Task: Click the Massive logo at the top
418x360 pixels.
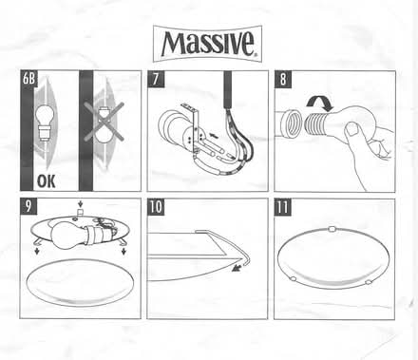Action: point(208,44)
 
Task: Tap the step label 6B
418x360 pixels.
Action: point(28,79)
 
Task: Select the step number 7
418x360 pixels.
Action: point(155,79)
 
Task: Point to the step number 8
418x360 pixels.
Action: point(283,79)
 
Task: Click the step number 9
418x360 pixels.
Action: point(28,206)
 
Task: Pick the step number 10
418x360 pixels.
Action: point(156,207)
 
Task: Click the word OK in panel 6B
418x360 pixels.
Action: point(47,181)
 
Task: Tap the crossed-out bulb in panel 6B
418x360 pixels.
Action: point(104,122)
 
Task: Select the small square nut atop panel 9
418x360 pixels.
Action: point(80,211)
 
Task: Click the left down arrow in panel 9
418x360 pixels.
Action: point(37,251)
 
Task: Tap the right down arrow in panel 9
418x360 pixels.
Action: point(123,252)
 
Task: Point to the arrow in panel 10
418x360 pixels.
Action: point(237,268)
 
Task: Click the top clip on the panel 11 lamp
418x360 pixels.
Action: point(332,229)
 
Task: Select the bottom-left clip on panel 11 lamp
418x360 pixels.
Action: point(294,278)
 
